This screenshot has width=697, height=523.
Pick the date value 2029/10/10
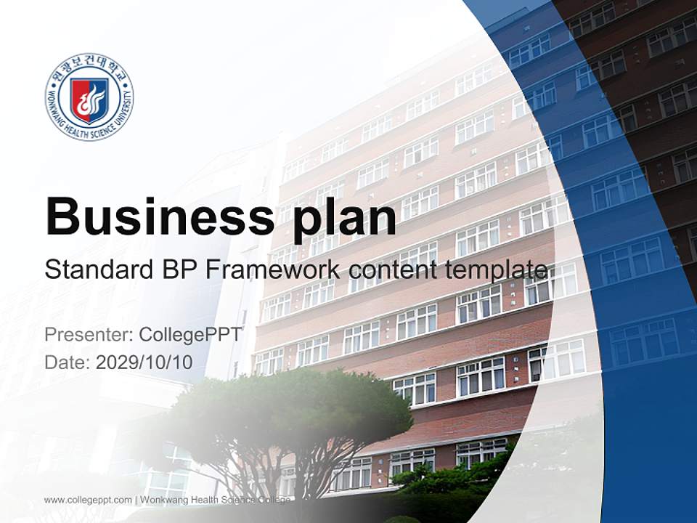(144, 362)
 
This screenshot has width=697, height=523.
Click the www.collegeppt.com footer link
(88, 500)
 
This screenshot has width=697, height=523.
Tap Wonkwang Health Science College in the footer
(215, 500)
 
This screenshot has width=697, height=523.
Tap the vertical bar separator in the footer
(136, 500)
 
